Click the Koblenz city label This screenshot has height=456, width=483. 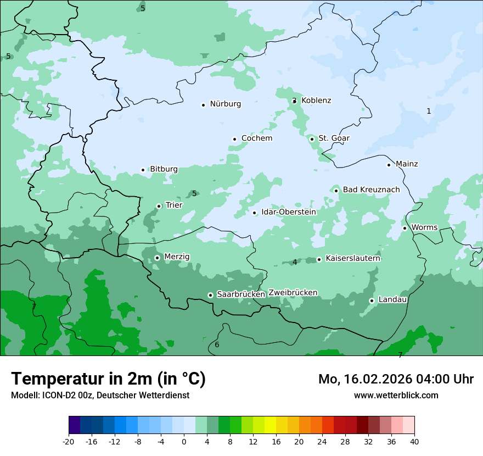click(x=316, y=101)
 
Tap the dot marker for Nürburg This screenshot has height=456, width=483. click(x=203, y=104)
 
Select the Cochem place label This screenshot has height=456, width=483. click(x=257, y=138)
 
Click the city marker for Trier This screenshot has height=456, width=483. click(x=159, y=206)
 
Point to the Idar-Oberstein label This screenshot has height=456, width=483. click(x=289, y=212)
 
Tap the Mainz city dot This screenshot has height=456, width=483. click(x=389, y=164)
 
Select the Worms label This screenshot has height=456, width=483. click(x=424, y=227)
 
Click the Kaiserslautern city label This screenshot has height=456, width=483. click(x=353, y=258)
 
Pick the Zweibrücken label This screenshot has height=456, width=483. click(x=293, y=293)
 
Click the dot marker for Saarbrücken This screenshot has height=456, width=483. click(x=210, y=295)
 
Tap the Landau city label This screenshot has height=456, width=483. click(x=392, y=299)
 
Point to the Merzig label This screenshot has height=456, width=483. click(x=177, y=257)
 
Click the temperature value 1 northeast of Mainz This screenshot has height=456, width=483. click(x=429, y=111)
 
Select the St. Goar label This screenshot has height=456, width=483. click(x=334, y=138)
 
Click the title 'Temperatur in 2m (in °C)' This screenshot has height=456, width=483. click(x=108, y=379)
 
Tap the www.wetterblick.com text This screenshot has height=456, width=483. click(x=396, y=395)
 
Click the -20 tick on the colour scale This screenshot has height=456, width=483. click(x=69, y=441)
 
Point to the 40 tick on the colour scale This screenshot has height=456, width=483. click(x=414, y=441)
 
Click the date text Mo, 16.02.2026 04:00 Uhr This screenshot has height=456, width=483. click(x=396, y=379)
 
